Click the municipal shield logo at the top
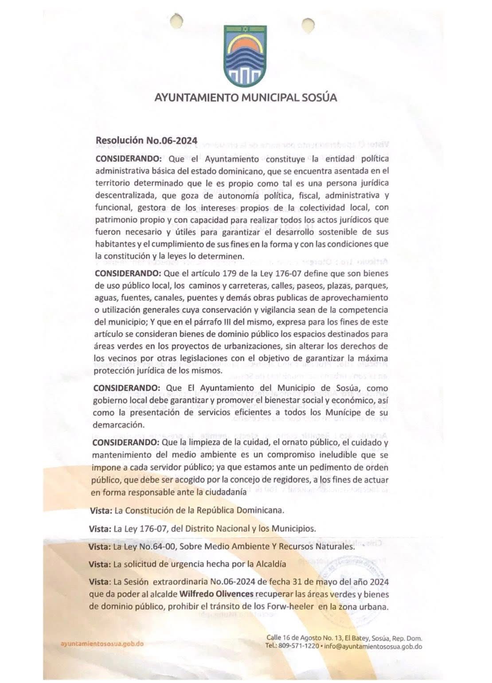click(x=245, y=56)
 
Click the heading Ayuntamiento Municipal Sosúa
click(x=246, y=97)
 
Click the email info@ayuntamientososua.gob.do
click(x=373, y=646)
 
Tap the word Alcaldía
click(x=270, y=564)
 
